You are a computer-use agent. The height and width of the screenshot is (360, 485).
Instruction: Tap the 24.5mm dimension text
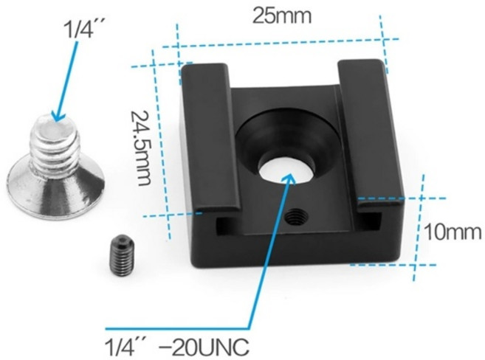(x=141, y=148)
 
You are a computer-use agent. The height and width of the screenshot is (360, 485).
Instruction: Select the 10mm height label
(x=453, y=232)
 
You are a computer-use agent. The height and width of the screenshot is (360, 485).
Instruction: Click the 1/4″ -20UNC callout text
(x=177, y=347)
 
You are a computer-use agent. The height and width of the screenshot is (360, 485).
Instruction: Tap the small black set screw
(x=122, y=255)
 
